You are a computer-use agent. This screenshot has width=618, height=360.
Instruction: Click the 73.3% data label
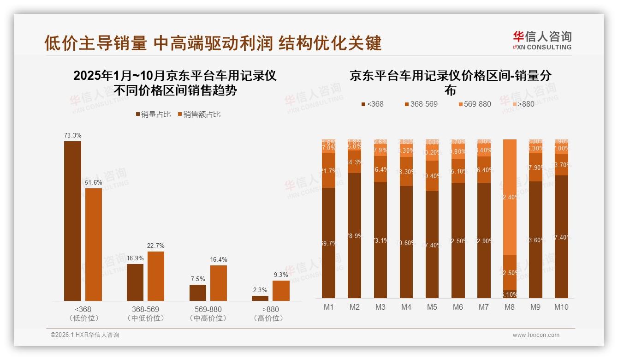tap(72, 136)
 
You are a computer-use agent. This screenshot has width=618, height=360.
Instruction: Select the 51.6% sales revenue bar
tap(94, 244)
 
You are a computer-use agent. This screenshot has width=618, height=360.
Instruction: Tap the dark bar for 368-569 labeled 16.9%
tap(135, 282)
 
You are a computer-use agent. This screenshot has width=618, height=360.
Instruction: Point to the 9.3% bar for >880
tap(281, 290)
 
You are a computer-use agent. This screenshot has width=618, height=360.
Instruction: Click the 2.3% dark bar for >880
tap(260, 298)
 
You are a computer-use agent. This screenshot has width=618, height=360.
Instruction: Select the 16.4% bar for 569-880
tap(219, 283)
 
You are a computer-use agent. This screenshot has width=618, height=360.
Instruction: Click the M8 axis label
tap(510, 307)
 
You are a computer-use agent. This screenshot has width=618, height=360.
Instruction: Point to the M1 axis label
tap(328, 307)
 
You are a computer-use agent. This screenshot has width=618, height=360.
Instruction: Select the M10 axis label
tap(561, 307)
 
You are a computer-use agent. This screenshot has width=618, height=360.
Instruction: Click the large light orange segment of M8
tap(510, 197)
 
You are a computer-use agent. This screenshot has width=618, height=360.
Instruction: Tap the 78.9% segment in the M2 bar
tap(355, 235)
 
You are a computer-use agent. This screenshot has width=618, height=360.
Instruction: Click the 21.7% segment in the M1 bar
tap(329, 171)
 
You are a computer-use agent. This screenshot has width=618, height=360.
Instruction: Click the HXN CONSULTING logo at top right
tap(542, 40)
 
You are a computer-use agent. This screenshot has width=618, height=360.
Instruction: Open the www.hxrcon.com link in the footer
tap(536, 335)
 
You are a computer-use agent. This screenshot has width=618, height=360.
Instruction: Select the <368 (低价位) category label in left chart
tap(83, 313)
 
